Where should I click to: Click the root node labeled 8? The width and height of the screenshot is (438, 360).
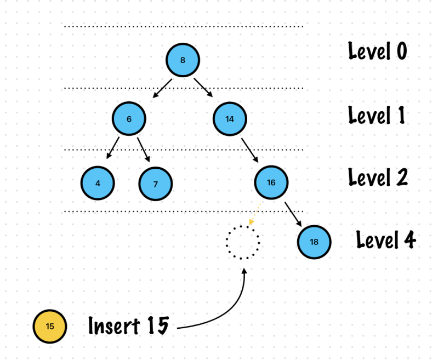[x=183, y=60]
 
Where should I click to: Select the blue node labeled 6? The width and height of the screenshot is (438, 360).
[x=129, y=118]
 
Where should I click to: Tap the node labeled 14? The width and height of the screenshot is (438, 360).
[x=230, y=118]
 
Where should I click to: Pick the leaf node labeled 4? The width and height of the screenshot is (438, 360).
[x=98, y=183]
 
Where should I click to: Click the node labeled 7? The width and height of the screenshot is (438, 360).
[x=155, y=184]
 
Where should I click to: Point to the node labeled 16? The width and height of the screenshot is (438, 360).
[x=271, y=182]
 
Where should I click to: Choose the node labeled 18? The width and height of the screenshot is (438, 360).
[x=314, y=241]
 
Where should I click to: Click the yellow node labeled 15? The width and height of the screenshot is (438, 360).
[x=49, y=327]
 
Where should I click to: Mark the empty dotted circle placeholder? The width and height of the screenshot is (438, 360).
[x=243, y=241]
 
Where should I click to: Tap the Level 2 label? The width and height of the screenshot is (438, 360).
[x=378, y=177]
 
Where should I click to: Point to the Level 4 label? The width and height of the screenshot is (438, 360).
[x=386, y=239]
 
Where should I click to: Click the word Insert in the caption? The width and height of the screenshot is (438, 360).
[x=113, y=326]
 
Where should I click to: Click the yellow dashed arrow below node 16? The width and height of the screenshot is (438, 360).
[x=255, y=214]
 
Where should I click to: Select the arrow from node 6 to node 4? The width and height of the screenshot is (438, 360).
[x=113, y=148]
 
